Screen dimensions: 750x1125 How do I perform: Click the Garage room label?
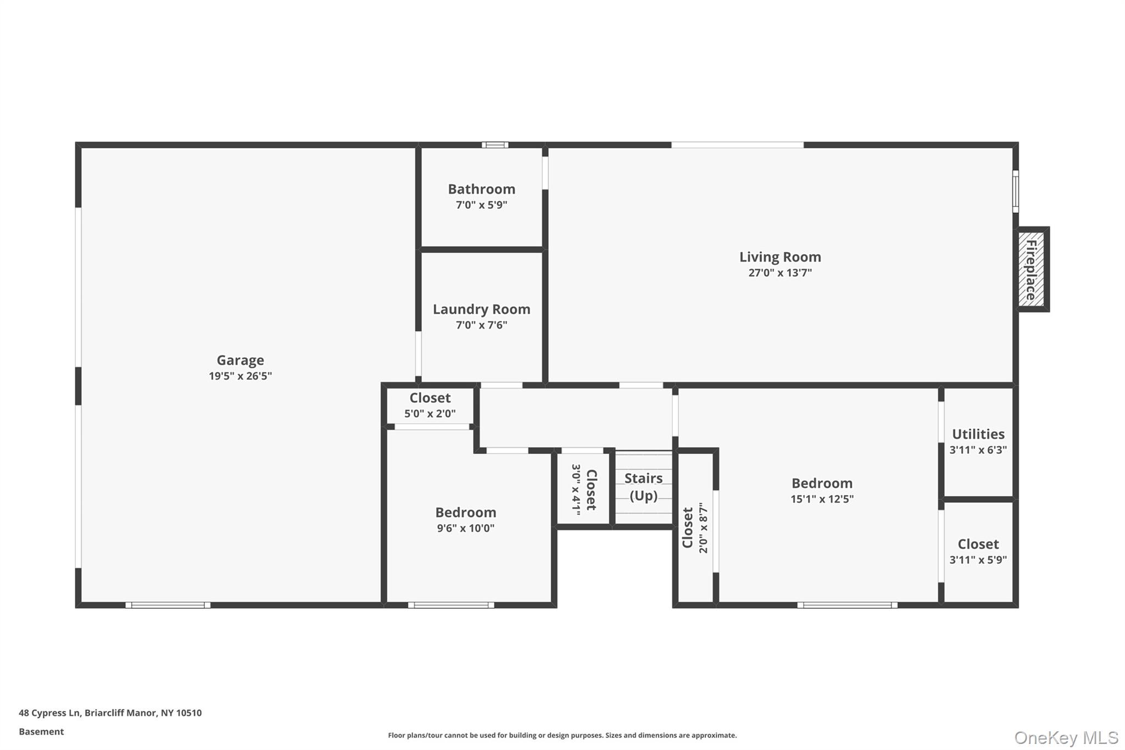[x=240, y=360]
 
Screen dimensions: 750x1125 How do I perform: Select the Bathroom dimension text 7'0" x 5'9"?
[x=481, y=205]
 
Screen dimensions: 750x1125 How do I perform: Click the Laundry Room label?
[x=481, y=309]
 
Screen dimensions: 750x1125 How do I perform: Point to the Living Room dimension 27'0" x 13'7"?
[x=779, y=273]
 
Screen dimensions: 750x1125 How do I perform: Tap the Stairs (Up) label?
[x=643, y=487]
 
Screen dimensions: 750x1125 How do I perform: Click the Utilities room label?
[x=978, y=434]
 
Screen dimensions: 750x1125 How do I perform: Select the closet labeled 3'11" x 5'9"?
[x=978, y=551]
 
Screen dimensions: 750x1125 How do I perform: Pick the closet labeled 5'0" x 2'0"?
[x=430, y=405]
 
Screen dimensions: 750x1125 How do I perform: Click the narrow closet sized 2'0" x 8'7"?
[x=695, y=527]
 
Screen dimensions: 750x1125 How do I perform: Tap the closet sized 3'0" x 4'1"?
[x=583, y=489]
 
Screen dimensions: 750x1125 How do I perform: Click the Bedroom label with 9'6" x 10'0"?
[x=466, y=513]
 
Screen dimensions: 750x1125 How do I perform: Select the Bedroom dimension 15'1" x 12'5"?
[x=822, y=499]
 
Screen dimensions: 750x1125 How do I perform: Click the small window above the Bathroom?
[x=495, y=145]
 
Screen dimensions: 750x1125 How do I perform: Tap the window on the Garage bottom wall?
[x=168, y=605]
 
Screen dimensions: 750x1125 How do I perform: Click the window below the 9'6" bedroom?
[x=451, y=605]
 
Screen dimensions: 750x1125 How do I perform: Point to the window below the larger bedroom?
[x=847, y=605]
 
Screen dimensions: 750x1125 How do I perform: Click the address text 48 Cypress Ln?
[x=110, y=713]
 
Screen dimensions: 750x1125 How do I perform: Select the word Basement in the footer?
[x=41, y=731]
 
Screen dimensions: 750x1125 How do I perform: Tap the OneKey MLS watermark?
[x=1066, y=737]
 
